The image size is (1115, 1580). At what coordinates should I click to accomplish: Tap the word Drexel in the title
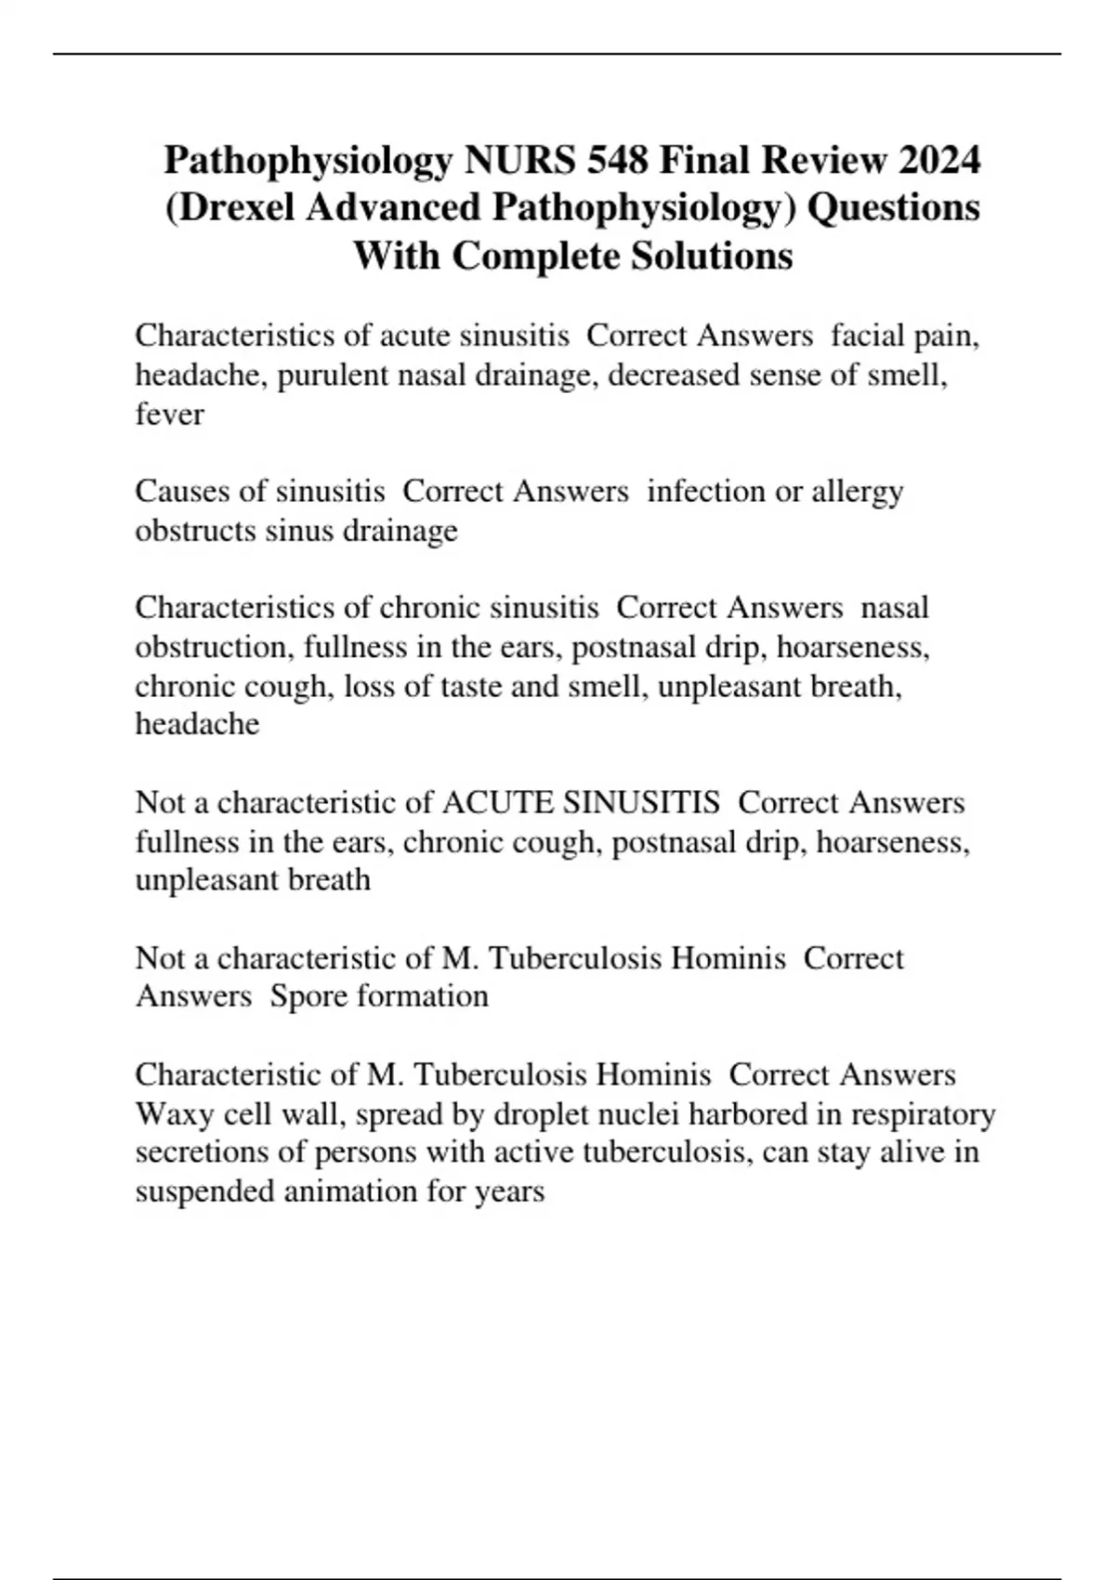235,207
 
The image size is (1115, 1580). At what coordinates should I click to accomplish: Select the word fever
169,414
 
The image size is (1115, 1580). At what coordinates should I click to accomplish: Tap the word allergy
857,492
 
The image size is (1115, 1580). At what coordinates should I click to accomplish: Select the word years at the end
509,1192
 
